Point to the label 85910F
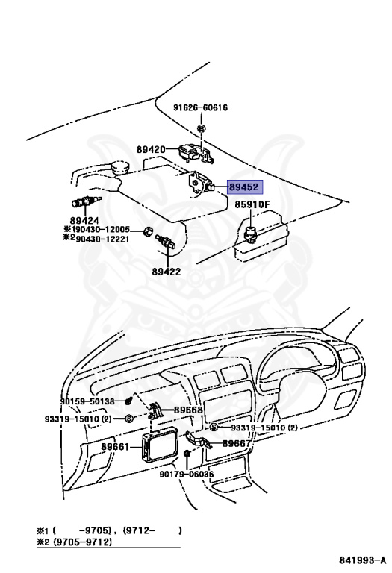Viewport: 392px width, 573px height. point(252,204)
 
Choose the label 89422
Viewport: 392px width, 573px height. point(166,272)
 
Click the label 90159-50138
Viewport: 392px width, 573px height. point(88,401)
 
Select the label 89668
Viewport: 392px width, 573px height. point(189,410)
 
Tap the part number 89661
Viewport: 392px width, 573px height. point(115,447)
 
